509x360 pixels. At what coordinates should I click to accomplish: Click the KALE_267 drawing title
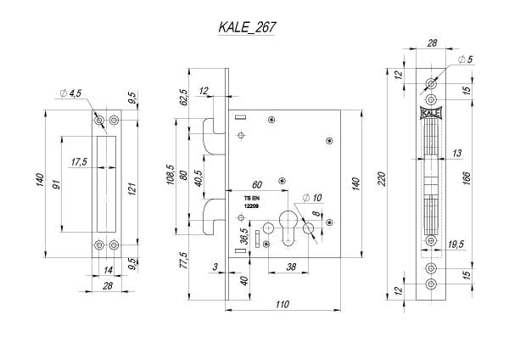click(247, 27)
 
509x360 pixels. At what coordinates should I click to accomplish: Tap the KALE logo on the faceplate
click(431, 113)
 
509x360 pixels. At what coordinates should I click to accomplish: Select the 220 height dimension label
click(382, 178)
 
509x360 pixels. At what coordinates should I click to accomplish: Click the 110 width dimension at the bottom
click(282, 305)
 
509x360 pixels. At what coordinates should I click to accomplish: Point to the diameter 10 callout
click(312, 198)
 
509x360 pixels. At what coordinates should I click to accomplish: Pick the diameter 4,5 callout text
click(70, 93)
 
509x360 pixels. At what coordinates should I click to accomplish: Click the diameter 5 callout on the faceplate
click(465, 59)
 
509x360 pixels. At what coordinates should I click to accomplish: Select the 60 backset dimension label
click(256, 184)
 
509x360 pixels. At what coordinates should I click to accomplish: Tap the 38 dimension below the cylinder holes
click(291, 267)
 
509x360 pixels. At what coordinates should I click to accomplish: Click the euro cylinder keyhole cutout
click(288, 228)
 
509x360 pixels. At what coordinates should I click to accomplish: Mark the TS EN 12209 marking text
click(251, 202)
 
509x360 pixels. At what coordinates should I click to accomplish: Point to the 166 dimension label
click(466, 178)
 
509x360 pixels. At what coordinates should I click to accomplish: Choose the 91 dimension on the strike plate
click(57, 184)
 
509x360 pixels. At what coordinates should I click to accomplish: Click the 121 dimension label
click(131, 188)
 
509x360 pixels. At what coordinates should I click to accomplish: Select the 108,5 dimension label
click(171, 175)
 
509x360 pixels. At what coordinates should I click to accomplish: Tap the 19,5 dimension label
click(456, 244)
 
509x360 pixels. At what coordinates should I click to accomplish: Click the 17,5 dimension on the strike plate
click(79, 162)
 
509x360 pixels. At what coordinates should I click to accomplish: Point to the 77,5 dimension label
click(184, 261)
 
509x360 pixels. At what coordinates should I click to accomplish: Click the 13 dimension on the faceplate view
click(456, 153)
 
